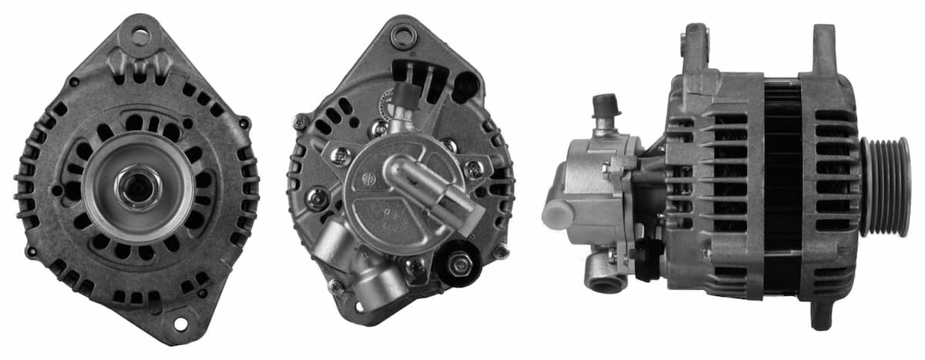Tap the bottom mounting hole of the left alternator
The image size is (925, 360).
point(180,323)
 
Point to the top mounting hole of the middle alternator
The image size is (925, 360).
point(402,35)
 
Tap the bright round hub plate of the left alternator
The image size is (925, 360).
point(139,187)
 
